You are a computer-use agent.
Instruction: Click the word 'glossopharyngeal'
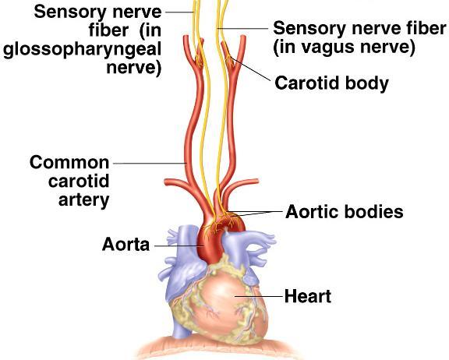pyautogui.click(x=82, y=50)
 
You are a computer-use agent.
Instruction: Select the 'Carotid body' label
pyautogui.click(x=331, y=83)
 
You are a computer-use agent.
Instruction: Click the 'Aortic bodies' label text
pyautogui.click(x=345, y=212)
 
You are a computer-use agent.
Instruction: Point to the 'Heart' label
pyautogui.click(x=308, y=296)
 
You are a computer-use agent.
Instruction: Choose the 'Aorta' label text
pyautogui.click(x=126, y=245)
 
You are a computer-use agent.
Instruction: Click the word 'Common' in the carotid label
pyautogui.click(x=69, y=162)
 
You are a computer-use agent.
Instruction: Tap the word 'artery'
pyautogui.click(x=84, y=200)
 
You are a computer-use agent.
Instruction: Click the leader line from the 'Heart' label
pyautogui.click(x=259, y=296)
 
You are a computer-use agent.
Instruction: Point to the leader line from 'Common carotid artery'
pyautogui.click(x=150, y=164)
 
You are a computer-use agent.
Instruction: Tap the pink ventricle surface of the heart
pyautogui.click(x=226, y=301)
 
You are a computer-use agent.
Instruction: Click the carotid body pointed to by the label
pyautogui.click(x=228, y=59)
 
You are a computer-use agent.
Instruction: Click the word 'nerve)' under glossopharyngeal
pyautogui.click(x=134, y=68)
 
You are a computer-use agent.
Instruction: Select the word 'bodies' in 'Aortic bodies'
pyautogui.click(x=373, y=212)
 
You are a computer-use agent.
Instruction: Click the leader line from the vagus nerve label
pyautogui.click(x=242, y=28)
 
